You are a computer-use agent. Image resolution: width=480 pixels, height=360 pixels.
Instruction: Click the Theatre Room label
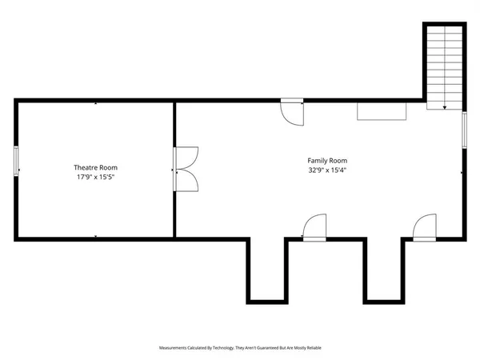[95, 167]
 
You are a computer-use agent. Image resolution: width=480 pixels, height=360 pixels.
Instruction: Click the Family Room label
[327, 160]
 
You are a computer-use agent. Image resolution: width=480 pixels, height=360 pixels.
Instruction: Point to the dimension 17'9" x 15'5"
[95, 177]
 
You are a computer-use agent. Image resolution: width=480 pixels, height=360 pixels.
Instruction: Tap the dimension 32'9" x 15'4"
[327, 170]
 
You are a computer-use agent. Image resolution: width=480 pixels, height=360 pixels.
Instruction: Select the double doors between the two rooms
[186, 169]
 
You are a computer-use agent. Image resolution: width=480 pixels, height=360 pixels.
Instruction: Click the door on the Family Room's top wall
[292, 111]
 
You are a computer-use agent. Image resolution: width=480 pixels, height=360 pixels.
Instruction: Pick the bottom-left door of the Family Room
[315, 227]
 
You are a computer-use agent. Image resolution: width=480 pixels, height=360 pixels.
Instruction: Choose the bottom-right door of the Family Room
[425, 227]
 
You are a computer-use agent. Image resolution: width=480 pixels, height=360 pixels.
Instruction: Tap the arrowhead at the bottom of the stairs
[445, 106]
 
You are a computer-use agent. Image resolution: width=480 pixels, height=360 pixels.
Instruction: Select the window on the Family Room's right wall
[465, 130]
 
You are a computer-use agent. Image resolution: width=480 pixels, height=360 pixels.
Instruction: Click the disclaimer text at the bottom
[240, 348]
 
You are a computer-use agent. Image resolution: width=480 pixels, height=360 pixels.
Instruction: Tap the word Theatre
[83, 167]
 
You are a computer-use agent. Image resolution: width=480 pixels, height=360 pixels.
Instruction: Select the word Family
[318, 160]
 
